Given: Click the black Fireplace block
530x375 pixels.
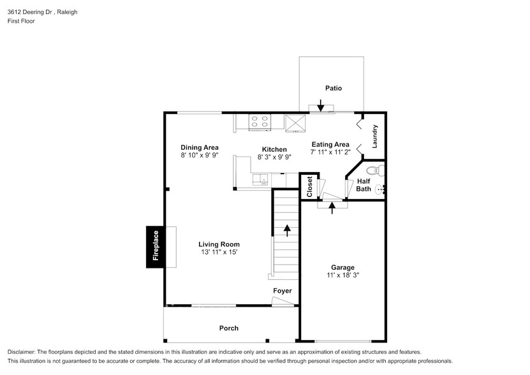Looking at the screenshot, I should click(155, 247).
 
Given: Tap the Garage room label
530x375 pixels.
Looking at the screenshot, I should click(342, 267).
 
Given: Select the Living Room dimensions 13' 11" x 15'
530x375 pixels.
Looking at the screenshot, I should click(219, 253).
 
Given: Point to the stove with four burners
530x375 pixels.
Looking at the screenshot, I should click(260, 121).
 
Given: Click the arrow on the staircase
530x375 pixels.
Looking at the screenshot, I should click(287, 230).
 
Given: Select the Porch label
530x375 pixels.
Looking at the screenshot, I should click(229, 328).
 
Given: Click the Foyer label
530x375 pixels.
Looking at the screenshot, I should click(283, 291).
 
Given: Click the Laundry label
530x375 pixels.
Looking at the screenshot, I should click(375, 136).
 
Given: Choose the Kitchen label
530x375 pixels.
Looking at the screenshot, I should click(274, 149).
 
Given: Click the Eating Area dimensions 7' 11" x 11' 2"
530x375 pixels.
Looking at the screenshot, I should click(330, 152).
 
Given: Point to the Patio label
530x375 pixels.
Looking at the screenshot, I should click(334, 88).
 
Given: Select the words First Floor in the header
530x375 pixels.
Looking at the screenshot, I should click(21, 21).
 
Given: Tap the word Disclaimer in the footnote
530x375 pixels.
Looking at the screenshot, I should click(23, 352).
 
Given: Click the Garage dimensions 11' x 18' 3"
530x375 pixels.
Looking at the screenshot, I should click(342, 276).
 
